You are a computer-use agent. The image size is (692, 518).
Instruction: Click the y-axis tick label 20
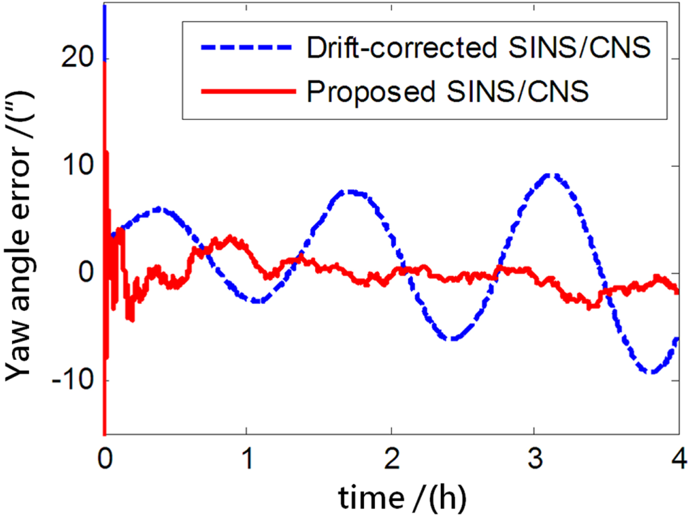pos(78,59)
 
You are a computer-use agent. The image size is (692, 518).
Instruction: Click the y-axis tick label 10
pos(78,166)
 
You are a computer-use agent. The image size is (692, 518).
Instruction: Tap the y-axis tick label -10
pos(73,380)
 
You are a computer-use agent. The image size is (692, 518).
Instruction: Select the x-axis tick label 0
pos(105,459)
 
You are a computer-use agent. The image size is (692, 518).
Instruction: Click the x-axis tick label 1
pos(247,459)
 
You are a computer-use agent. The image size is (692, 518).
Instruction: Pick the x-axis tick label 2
pos(391,459)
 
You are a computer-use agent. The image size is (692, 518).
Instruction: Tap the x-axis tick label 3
pos(534,459)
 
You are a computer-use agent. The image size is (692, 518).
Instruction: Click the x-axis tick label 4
pos(679,459)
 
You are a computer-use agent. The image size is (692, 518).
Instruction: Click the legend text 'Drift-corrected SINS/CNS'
pos(478,48)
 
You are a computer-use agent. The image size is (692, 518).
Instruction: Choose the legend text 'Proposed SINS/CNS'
pos(447,91)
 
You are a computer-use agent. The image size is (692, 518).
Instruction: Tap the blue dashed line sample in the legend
pos(247,48)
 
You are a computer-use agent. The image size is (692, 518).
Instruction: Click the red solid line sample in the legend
pos(247,91)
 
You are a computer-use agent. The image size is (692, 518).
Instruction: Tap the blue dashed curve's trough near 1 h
pos(258,300)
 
